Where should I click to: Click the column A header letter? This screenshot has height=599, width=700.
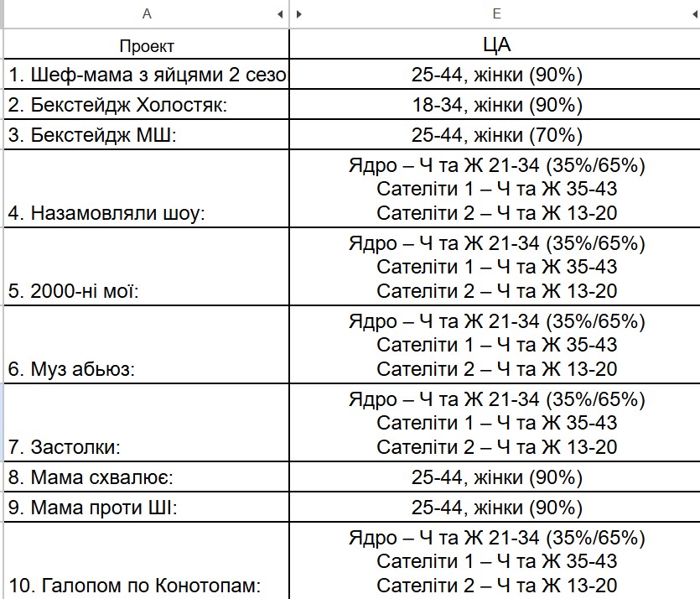(148, 13)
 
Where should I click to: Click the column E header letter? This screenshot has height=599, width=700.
(496, 13)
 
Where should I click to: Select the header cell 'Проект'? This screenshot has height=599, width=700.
(147, 45)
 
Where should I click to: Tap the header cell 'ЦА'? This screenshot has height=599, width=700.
(496, 44)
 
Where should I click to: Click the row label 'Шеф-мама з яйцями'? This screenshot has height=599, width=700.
(148, 76)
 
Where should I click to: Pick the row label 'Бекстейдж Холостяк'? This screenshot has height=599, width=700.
(118, 106)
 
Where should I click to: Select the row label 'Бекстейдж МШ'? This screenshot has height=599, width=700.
(93, 136)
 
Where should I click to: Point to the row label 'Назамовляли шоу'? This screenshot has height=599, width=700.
(107, 214)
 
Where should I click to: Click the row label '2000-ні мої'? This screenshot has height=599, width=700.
(74, 292)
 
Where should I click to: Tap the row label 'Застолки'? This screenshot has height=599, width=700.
(65, 447)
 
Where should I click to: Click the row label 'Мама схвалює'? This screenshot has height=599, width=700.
(91, 478)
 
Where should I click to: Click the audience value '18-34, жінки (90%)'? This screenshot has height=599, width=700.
(496, 106)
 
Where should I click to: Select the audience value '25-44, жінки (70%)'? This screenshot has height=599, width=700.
(496, 136)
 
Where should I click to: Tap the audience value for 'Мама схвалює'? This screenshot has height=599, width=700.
(496, 478)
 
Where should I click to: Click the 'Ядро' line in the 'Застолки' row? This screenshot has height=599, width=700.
(496, 399)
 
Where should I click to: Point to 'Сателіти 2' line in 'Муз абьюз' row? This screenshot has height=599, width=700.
(496, 369)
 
